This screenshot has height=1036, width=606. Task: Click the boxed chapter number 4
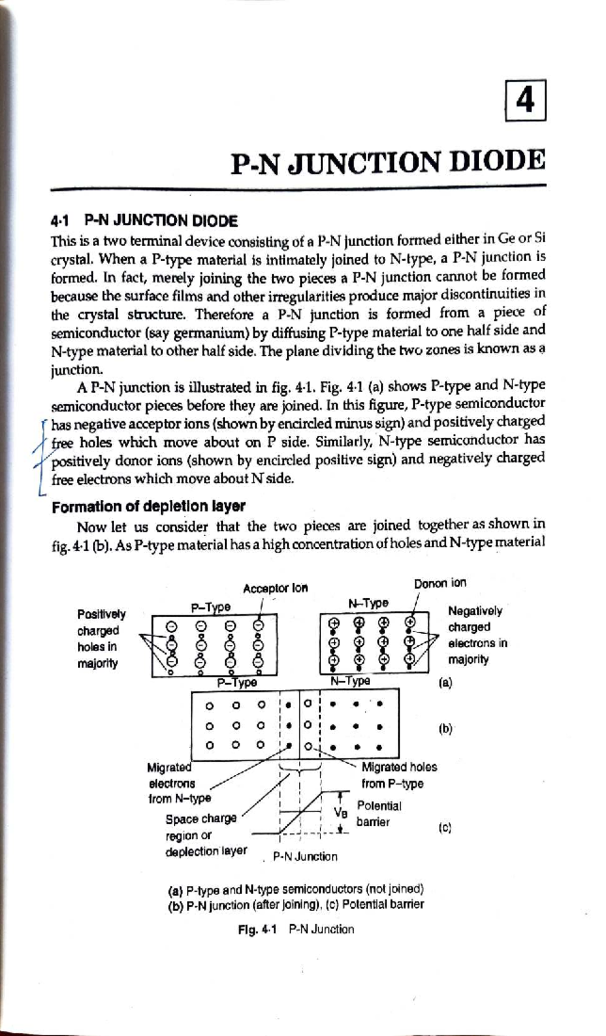[525, 100]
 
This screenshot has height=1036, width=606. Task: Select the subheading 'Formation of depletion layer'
[148, 506]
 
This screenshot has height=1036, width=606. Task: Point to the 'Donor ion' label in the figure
[440, 583]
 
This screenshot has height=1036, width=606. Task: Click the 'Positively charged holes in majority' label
[101, 639]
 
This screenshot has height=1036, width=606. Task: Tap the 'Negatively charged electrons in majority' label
[477, 635]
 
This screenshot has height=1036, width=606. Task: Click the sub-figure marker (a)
[445, 683]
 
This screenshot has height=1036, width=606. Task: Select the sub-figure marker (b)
[445, 729]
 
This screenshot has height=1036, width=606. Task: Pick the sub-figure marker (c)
[445, 828]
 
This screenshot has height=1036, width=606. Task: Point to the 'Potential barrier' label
[378, 814]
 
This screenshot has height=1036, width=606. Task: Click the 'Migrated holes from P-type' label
[399, 775]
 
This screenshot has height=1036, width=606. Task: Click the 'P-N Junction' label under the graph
[305, 857]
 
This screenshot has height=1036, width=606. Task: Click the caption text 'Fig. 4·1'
[257, 929]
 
